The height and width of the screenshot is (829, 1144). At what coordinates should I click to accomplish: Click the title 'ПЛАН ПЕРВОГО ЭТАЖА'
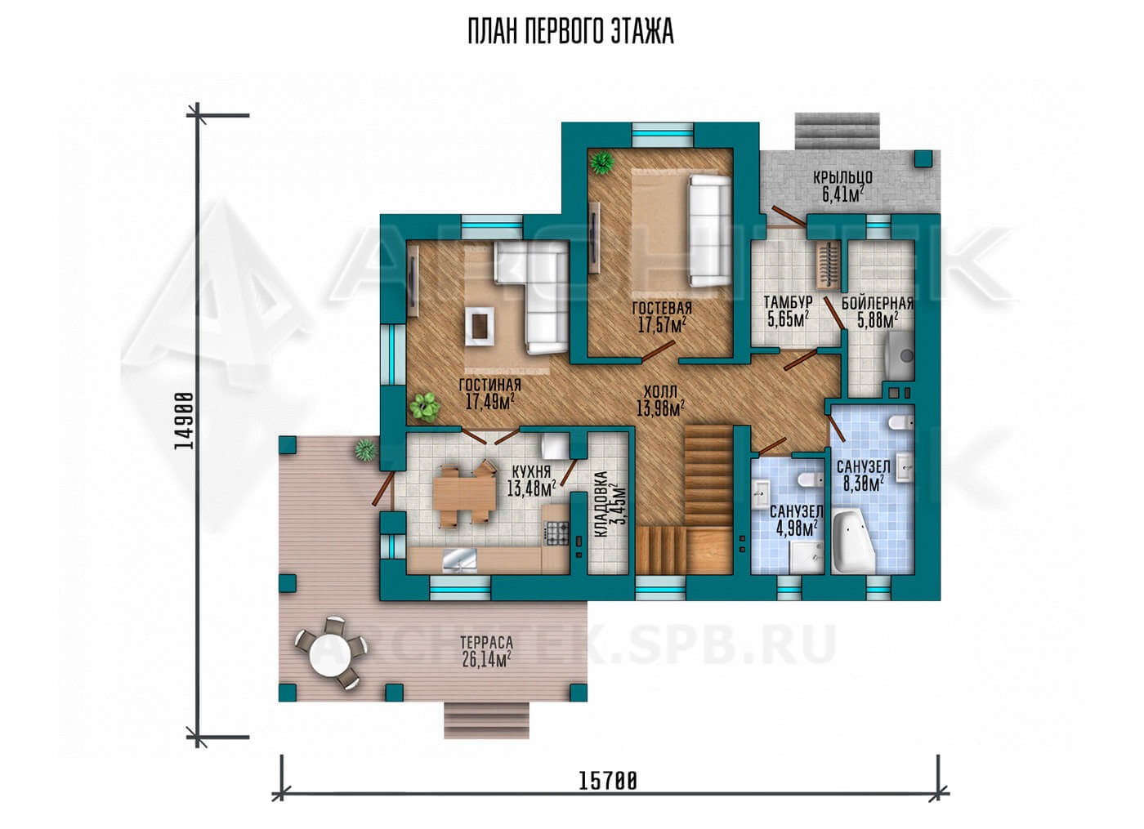coord(571,32)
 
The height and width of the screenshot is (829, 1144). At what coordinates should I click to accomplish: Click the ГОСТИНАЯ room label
coord(489,384)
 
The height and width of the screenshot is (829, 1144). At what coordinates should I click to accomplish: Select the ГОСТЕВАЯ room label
coord(662,308)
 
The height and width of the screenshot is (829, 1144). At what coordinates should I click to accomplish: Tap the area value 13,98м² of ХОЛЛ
coord(661,408)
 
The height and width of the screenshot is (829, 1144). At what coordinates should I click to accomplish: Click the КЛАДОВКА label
coord(601,503)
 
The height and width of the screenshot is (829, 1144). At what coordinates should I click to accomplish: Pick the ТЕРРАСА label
coord(486,642)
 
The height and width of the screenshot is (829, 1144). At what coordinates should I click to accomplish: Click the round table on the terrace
coord(330,655)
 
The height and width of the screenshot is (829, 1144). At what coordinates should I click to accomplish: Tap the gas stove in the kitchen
coord(556,532)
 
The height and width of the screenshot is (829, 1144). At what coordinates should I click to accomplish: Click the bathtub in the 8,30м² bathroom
coord(852,542)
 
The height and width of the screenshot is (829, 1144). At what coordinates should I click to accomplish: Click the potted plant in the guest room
coord(602,163)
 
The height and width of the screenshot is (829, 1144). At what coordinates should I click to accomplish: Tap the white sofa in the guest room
coord(709,230)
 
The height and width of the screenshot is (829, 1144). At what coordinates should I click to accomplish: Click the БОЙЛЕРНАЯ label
coord(878,304)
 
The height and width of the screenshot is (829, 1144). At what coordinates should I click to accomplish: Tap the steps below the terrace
coord(485,720)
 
